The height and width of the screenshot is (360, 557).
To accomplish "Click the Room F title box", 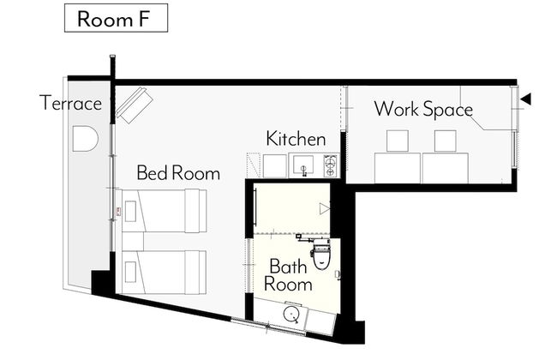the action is click(x=116, y=18).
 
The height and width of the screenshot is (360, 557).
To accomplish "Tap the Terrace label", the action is click(x=70, y=103).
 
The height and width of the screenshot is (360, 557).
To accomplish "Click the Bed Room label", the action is click(x=178, y=173).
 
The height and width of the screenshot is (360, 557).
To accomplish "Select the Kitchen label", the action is click(x=296, y=139).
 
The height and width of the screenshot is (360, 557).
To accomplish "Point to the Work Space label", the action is click(x=423, y=109).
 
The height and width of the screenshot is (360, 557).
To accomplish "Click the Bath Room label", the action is click(x=288, y=275).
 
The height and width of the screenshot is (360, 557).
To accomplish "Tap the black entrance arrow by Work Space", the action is click(x=526, y=99).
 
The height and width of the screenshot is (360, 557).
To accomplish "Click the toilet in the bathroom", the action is click(x=321, y=254).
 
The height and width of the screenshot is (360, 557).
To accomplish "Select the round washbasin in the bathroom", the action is click(x=291, y=315).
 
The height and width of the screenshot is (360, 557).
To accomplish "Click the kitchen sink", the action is click(x=303, y=165).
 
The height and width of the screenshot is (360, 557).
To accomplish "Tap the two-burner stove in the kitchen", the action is click(x=331, y=166).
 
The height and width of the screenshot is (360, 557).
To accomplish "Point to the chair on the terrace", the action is click(x=85, y=139).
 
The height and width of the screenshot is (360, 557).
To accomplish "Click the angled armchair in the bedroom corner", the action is click(x=135, y=105).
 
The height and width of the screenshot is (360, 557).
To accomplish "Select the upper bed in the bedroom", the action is click(x=164, y=211).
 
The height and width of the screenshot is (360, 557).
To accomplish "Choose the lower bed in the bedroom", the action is click(x=164, y=273).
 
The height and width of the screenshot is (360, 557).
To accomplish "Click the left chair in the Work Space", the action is click(x=398, y=141).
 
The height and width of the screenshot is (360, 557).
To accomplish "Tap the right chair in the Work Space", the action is click(x=446, y=141).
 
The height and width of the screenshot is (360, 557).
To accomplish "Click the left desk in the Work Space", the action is click(x=398, y=168).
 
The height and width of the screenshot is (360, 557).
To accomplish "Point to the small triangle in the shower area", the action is click(x=324, y=208).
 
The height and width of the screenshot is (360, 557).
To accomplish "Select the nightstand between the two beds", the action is click(x=133, y=242).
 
